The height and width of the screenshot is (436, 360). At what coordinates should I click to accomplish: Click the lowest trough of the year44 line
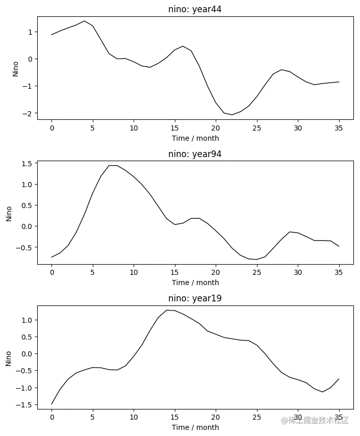coord(232,115)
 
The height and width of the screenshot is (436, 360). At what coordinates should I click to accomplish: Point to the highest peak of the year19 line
coord(167,310)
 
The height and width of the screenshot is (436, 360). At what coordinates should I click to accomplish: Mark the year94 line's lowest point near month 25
coord(256,260)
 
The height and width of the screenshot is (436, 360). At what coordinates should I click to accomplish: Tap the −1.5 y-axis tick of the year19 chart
coord(24,405)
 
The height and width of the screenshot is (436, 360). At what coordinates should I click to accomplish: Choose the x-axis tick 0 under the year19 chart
coord(52,417)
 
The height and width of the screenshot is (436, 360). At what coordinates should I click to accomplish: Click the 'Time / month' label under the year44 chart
coord(195,138)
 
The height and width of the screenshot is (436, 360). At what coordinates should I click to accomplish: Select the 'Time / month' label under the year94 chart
coord(195,283)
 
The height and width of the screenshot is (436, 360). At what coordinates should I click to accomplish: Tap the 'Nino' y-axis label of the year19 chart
coord(8,358)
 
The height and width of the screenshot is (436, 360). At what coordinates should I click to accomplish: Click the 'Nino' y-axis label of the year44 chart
coord(15,68)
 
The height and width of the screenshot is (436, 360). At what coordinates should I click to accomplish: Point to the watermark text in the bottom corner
coord(314,420)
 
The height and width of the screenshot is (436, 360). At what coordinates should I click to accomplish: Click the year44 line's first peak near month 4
coord(84,21)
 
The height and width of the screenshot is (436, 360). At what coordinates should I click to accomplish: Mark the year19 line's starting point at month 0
coord(52,404)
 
